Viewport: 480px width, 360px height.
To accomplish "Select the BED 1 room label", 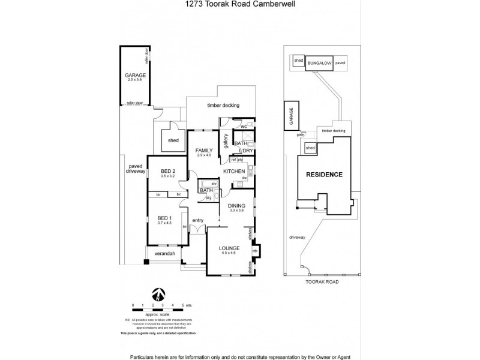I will click(164, 220).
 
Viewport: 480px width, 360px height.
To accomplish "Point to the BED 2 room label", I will click(167, 174).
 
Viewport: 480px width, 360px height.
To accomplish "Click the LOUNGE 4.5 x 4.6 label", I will click(229, 250).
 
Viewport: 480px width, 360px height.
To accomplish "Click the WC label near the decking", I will click(243, 127).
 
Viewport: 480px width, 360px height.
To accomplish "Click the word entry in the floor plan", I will click(198, 221).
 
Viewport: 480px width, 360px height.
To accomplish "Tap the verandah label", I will click(164, 254).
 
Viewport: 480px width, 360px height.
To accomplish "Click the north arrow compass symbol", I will click(158, 295).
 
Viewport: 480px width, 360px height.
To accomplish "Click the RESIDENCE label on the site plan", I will click(325, 175).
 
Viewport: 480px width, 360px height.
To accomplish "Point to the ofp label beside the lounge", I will click(255, 251).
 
